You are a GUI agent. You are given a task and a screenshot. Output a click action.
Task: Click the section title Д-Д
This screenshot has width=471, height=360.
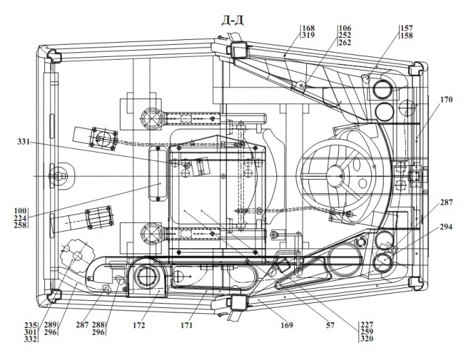(232, 20)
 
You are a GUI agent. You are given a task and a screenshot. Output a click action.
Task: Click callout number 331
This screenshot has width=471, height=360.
(24, 141)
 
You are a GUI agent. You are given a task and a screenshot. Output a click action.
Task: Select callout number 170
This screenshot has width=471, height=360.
(446, 100)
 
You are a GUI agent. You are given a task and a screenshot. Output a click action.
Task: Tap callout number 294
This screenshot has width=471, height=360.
(446, 227)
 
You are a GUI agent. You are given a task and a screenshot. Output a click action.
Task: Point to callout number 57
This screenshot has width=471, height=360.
(330, 325)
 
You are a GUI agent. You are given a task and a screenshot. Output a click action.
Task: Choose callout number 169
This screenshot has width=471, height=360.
(287, 325)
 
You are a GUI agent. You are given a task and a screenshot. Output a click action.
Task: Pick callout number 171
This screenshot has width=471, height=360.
(186, 325)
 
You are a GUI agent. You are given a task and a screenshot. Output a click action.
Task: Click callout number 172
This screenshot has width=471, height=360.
(139, 325)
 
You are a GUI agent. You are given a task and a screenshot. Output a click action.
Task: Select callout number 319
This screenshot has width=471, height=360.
(308, 35)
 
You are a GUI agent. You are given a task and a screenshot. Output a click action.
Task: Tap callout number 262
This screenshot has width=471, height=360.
(344, 43)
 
